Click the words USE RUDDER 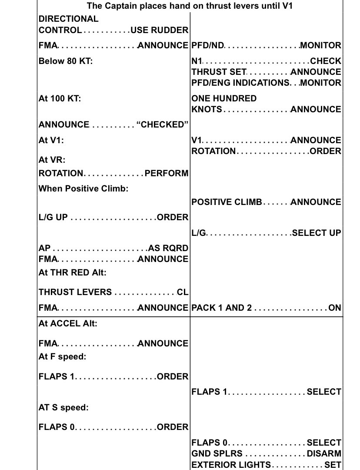(x=160, y=30)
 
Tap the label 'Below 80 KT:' (x=65, y=61)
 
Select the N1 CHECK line (x=266, y=61)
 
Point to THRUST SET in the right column (x=219, y=72)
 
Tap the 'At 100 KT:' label (x=60, y=98)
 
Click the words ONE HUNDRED (x=224, y=98)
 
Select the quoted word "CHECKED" (x=162, y=125)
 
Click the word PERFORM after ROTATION (x=167, y=173)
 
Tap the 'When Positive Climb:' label (x=83, y=189)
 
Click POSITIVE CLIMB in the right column (x=227, y=202)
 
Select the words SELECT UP (x=317, y=233)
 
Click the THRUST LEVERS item (x=75, y=292)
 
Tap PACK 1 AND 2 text (x=221, y=308)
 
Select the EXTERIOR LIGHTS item (x=231, y=464)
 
